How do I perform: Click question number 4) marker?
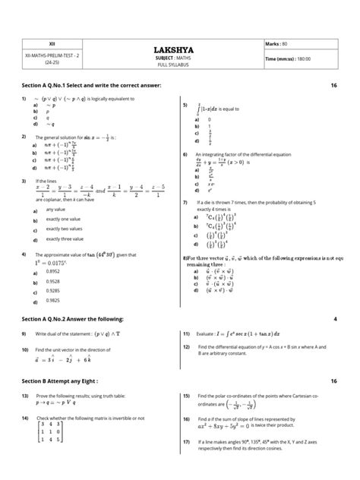[x=24, y=254]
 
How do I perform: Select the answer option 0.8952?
[x=53, y=271]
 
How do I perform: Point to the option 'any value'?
[x=55, y=209]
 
